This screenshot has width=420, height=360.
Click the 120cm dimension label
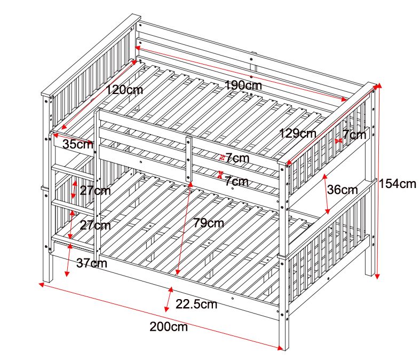coord(124,90)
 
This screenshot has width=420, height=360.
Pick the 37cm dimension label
coord(91,263)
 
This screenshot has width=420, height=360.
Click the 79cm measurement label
coord(208,223)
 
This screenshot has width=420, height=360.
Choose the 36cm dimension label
coord(342,190)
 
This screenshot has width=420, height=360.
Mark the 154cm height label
coord(397,184)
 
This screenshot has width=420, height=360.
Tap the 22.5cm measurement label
coord(196,305)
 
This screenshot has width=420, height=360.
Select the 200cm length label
coord(169,327)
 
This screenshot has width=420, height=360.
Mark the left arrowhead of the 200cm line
coord(42,284)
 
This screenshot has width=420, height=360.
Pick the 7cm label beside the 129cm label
coord(354,135)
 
